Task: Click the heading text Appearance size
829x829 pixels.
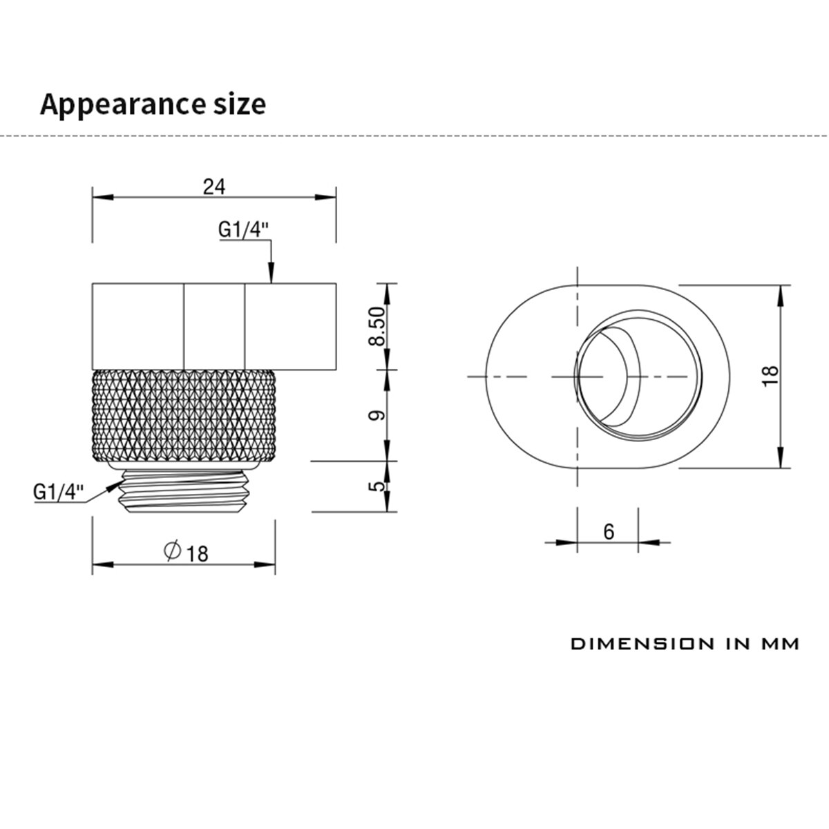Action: click(153, 104)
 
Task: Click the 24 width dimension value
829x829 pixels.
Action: click(214, 186)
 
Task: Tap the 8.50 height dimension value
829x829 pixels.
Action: click(377, 327)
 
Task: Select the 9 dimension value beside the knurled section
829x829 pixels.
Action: click(377, 415)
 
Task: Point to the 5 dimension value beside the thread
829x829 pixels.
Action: click(377, 486)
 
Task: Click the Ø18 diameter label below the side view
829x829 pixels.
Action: click(186, 552)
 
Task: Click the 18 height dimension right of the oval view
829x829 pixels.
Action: click(772, 374)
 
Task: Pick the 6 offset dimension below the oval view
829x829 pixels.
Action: click(609, 531)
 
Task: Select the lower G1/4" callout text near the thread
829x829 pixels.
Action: click(58, 492)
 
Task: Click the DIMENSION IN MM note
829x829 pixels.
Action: click(685, 644)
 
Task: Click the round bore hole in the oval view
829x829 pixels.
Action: click(638, 377)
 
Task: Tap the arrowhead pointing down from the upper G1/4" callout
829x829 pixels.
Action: click(271, 274)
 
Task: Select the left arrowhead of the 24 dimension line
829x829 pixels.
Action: click(102, 198)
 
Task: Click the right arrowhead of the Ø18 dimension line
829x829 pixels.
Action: click(266, 564)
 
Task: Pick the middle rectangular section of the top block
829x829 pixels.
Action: click(214, 325)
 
